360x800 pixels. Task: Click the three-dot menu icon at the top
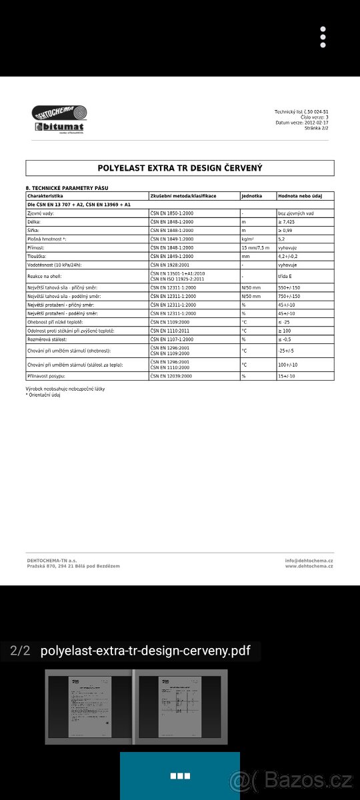tap(323, 37)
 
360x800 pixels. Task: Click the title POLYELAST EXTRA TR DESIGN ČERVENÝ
tap(180, 168)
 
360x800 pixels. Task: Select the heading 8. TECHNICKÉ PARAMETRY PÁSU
tap(67, 188)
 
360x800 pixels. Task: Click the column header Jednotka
tap(251, 196)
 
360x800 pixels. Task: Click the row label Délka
tap(34, 221)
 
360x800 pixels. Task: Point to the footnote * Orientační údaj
tap(43, 395)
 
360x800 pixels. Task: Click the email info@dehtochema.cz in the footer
tap(309, 561)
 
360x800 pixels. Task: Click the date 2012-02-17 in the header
tap(317, 123)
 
